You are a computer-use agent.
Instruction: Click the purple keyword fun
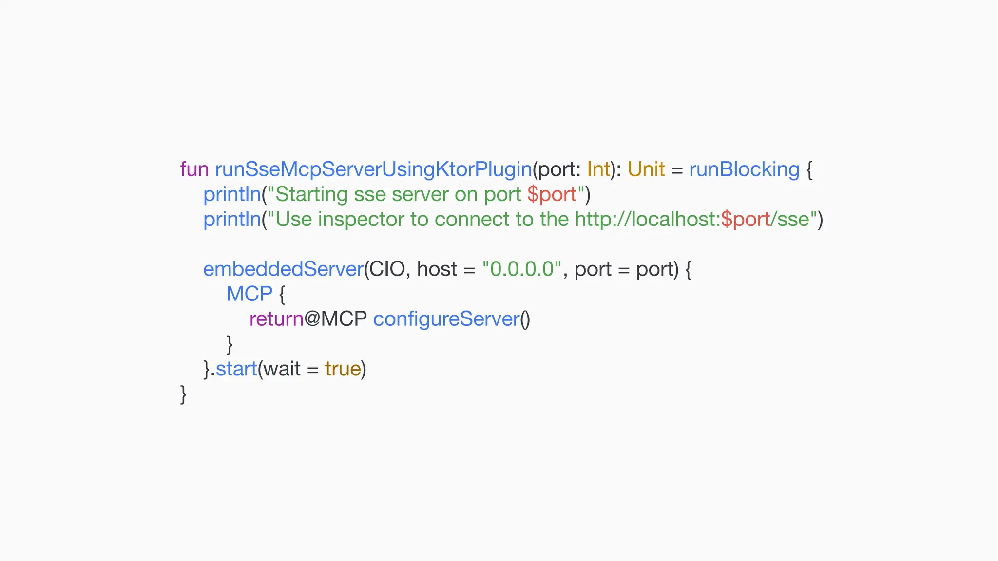coord(194,169)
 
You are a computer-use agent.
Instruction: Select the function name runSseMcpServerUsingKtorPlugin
coord(373,169)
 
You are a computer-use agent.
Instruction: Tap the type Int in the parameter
coord(598,169)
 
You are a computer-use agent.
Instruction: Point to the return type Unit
coord(646,169)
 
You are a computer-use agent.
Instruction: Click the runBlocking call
coord(744,169)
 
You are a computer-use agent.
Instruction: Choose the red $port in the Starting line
coord(552,195)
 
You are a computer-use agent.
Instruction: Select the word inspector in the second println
coord(361,220)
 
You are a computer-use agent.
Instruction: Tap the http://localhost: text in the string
coord(647,219)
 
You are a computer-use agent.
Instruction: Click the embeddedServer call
coord(283,269)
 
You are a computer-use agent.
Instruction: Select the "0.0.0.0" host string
coord(522,269)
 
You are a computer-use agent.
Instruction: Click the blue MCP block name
coord(249,294)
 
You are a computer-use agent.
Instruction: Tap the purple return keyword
coord(276,319)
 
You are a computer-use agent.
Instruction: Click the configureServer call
coord(446,319)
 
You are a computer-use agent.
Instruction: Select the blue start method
coord(236,369)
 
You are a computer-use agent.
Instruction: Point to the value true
coord(343,369)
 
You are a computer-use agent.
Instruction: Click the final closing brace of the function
coord(183,394)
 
